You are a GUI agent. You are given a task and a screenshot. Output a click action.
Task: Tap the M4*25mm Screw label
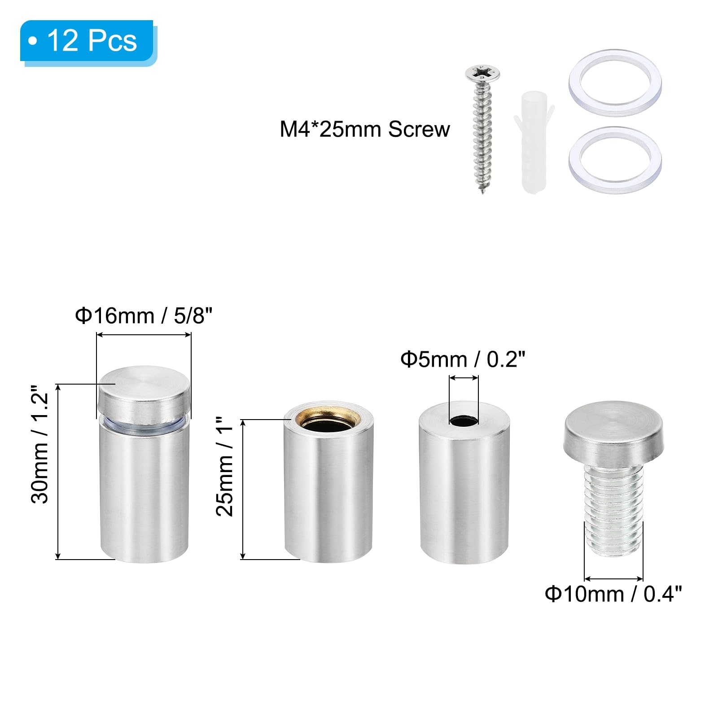364,129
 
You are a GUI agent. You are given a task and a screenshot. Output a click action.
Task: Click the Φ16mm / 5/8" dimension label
143,315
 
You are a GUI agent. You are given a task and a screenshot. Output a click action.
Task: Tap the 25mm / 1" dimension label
225,466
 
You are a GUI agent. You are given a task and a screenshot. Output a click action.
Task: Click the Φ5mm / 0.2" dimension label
463,359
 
